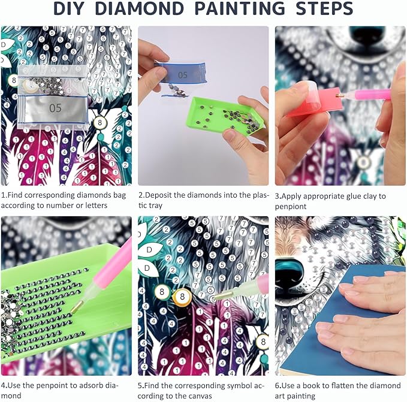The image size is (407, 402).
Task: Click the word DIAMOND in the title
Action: (140, 8)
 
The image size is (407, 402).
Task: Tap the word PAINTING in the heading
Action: (240, 8)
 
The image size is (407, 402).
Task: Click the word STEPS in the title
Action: (324, 8)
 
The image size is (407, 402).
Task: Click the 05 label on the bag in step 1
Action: (55, 108)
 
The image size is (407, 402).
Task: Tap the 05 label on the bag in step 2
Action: (182, 75)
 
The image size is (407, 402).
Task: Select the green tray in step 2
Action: (223, 116)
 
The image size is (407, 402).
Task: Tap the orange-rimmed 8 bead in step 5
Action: (182, 297)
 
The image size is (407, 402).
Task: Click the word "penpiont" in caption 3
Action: (291, 207)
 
